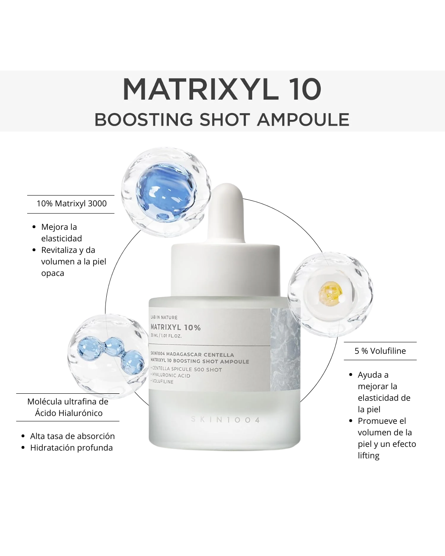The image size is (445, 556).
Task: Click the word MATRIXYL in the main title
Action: pos(201,89)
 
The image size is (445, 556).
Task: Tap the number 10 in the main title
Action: pos(305,89)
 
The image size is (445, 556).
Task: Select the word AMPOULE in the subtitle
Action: pos(303,119)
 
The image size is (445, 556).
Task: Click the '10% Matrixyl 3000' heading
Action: pos(72,203)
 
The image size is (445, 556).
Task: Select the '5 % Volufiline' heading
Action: pos(380,351)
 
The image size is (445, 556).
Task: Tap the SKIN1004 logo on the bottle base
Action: pos(225,420)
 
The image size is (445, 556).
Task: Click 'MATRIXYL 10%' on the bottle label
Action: pos(176,327)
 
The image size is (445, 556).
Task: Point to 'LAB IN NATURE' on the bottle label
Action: pos(164,317)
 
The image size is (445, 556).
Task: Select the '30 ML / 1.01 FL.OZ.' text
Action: pos(166,336)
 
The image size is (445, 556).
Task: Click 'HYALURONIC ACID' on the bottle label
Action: pos(171,376)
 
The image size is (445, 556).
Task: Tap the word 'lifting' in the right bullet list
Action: pos(368,456)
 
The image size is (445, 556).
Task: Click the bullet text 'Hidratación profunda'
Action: pos(71,448)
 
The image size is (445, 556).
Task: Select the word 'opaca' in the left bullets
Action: pos(52,273)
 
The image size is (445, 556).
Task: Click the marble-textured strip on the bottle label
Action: pos(285,349)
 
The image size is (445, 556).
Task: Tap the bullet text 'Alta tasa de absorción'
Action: pos(73,436)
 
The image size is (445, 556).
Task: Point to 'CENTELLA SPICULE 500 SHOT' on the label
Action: pos(187,369)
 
